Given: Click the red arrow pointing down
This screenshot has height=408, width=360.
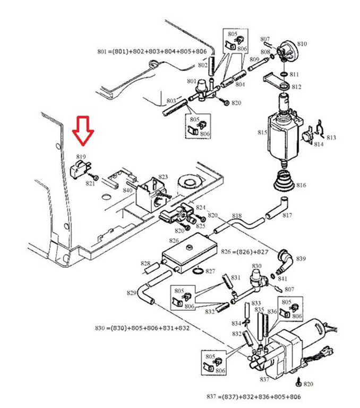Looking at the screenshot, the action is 83,130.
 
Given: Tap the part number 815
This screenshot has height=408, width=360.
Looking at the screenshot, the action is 262,132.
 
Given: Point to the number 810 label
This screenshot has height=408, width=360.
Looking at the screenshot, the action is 302,44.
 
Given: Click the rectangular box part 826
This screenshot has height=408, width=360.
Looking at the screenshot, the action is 190,252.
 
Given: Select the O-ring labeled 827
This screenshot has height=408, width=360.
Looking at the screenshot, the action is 199,270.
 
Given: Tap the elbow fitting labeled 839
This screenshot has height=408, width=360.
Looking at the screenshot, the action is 285,261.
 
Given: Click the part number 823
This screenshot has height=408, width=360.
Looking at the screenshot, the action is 163,177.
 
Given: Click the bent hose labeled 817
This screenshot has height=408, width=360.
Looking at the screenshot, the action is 278,209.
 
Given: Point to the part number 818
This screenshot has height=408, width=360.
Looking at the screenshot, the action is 237,216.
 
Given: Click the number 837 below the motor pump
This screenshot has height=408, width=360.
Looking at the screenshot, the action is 264,379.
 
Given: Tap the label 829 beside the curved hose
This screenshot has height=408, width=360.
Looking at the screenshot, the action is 132,293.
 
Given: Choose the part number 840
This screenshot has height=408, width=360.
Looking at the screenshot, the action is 127,190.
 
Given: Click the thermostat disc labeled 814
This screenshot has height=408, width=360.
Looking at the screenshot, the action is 307,136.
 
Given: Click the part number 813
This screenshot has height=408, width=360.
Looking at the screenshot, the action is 331,138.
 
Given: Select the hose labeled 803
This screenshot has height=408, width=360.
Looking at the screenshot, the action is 175,108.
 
